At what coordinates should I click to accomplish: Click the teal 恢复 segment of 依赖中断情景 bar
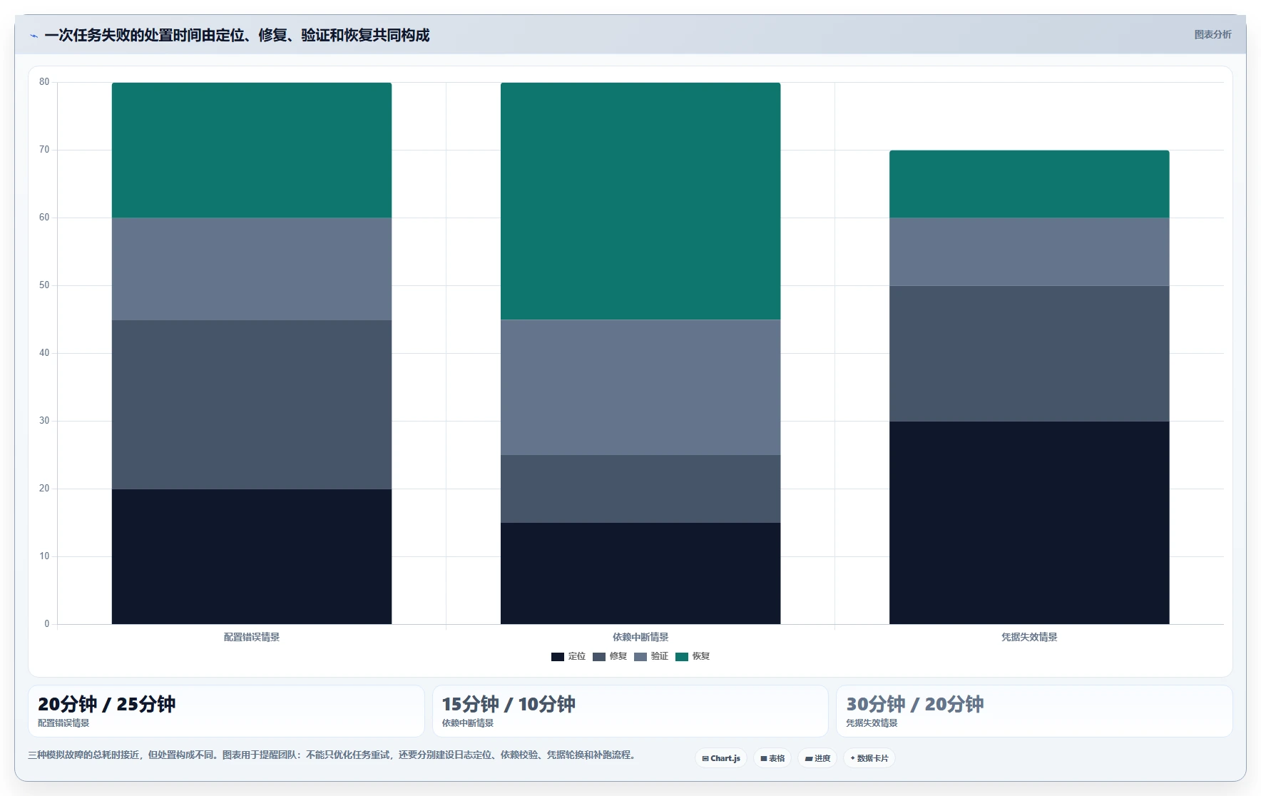click(x=640, y=201)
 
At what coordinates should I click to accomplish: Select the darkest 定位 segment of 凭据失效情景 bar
click(x=1029, y=523)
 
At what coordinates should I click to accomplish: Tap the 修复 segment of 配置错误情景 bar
click(x=252, y=404)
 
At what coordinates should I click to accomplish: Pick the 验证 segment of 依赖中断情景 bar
click(x=640, y=387)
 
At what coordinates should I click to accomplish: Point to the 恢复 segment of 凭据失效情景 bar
click(x=1029, y=184)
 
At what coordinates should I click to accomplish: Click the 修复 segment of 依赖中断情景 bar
click(x=640, y=489)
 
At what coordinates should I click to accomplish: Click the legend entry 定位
click(x=568, y=656)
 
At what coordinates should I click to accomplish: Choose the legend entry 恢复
click(x=693, y=656)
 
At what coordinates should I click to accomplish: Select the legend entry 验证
click(x=651, y=656)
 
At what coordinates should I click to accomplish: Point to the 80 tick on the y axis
click(x=44, y=82)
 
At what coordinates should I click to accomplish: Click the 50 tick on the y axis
click(x=44, y=285)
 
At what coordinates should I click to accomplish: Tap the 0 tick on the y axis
click(x=47, y=624)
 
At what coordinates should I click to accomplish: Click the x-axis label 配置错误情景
click(x=252, y=637)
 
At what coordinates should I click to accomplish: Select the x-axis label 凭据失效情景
click(x=1029, y=637)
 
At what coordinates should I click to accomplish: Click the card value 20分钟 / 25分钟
click(x=107, y=704)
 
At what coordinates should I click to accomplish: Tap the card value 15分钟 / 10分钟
click(x=509, y=704)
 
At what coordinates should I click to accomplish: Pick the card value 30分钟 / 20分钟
click(x=915, y=704)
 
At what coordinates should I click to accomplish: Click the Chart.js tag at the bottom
click(x=721, y=758)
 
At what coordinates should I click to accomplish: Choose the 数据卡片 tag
click(x=869, y=758)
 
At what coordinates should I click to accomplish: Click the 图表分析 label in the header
click(x=1212, y=34)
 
